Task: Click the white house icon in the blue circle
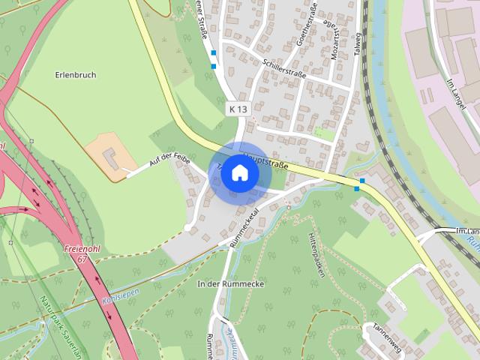click(239, 172)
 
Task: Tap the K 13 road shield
click(238, 109)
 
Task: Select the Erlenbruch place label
click(76, 75)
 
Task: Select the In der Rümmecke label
click(224, 284)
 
